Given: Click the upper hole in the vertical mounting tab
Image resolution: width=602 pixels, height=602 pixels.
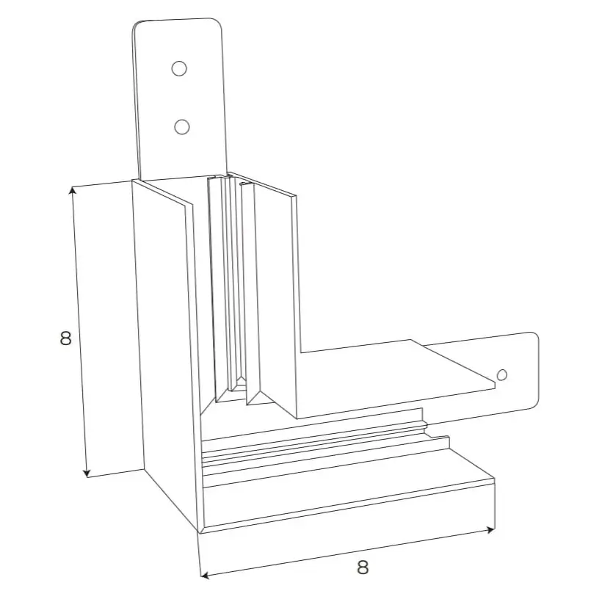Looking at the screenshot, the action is point(179,69).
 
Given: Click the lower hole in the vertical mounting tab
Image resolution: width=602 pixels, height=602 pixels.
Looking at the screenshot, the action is point(181,127).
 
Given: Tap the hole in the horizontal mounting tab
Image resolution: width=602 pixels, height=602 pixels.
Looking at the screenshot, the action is point(502,374).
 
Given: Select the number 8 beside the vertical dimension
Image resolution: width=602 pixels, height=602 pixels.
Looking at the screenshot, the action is point(65,338).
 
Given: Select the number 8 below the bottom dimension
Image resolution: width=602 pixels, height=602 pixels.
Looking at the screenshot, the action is point(363,567).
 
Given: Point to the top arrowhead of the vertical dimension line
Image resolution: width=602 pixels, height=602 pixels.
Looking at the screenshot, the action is point(73,191).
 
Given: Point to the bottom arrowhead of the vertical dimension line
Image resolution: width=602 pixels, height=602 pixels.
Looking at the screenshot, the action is point(87,473).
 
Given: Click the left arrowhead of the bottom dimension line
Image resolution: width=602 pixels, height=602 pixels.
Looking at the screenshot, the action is point(205,576).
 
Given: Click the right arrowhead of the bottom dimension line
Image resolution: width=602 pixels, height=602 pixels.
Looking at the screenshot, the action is point(490,530).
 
